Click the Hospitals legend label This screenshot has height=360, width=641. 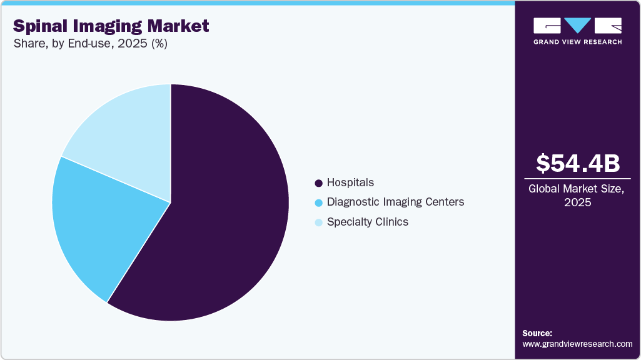click(350, 182)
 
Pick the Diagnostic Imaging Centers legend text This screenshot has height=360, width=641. click(395, 202)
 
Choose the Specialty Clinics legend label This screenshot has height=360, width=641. click(367, 222)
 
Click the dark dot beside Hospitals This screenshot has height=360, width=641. click(319, 183)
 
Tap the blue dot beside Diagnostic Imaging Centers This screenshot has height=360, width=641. click(319, 202)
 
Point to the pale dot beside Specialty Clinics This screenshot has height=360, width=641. click(319, 222)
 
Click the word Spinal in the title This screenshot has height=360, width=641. click(39, 26)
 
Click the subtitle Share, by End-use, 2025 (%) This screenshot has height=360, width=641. click(90, 44)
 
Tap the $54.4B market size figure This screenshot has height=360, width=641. click(578, 163)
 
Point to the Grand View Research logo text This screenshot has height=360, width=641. click(577, 42)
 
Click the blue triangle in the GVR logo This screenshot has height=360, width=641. click(578, 25)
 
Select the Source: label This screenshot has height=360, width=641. click(537, 333)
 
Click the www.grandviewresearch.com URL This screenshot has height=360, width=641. click(577, 344)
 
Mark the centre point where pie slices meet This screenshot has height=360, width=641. click(170, 202)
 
